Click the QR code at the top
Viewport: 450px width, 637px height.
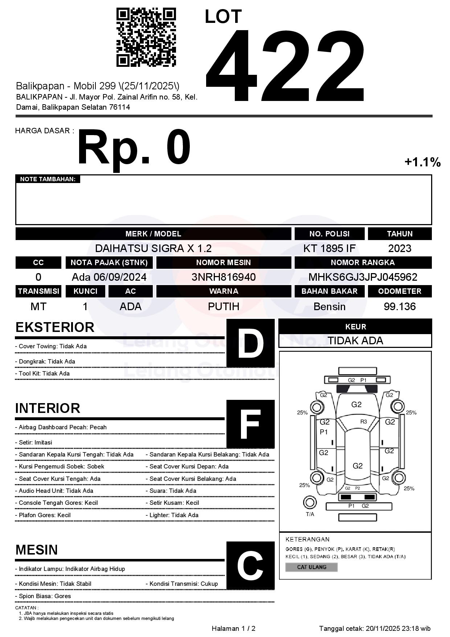[146, 37]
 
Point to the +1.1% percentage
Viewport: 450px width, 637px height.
[422, 162]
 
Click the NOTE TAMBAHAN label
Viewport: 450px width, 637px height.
[48, 179]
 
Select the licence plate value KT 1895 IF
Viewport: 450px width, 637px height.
[329, 248]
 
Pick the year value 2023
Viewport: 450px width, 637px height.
[400, 248]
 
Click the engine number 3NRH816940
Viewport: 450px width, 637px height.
[224, 277]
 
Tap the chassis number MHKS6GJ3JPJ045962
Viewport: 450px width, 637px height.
[363, 277]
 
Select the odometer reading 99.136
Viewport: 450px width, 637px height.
[400, 307]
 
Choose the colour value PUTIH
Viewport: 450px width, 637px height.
[224, 307]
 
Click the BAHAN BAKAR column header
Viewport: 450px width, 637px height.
[329, 291]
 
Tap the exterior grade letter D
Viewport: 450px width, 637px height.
[250, 343]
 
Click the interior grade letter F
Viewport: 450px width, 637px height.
[250, 424]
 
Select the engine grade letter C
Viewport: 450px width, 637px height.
[250, 565]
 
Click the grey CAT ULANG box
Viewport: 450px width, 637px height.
[311, 567]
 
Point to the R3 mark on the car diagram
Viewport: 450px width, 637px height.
[363, 422]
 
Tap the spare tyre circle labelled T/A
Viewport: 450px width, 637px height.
[310, 503]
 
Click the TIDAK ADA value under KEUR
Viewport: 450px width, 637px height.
[355, 341]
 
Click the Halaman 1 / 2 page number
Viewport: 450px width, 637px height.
[233, 629]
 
